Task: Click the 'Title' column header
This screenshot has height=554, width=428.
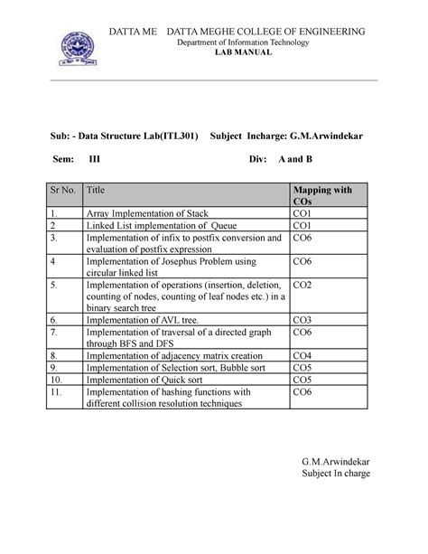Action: click(x=95, y=192)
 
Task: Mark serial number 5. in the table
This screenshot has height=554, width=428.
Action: click(x=55, y=285)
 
